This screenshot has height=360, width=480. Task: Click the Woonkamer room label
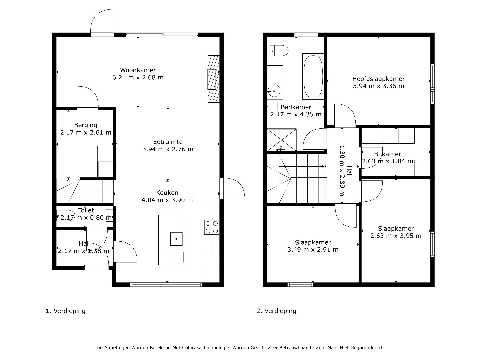click(138, 70)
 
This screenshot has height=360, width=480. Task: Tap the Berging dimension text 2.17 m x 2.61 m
click(86, 132)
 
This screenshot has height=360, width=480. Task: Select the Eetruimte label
click(168, 142)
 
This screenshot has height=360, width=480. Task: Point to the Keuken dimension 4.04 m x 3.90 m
click(167, 200)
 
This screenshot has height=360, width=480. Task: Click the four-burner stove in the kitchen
click(212, 227)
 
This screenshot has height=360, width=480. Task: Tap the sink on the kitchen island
click(176, 239)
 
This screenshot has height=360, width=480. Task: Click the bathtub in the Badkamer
click(313, 76)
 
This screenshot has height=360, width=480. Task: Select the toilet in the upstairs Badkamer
click(279, 50)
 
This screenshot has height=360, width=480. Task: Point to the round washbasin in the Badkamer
click(274, 90)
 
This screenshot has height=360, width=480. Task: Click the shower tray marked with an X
click(282, 140)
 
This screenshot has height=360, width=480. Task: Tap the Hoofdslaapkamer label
click(379, 79)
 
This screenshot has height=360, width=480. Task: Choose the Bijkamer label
click(387, 154)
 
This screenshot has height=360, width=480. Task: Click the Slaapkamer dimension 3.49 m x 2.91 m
click(313, 249)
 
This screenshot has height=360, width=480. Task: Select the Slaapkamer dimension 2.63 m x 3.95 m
click(396, 236)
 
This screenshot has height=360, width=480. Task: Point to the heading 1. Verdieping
click(66, 311)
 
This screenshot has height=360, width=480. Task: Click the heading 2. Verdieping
click(276, 311)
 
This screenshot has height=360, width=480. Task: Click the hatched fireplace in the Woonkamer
click(213, 79)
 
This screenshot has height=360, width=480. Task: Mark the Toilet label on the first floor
click(86, 210)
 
